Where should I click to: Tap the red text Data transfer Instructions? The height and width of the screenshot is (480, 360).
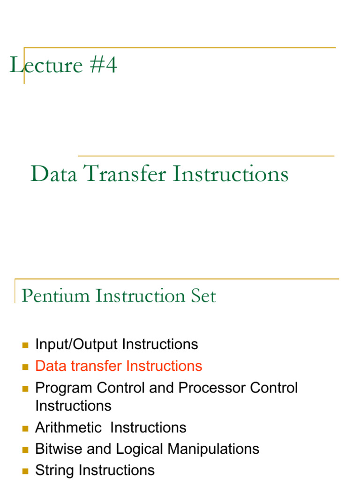coord(119,366)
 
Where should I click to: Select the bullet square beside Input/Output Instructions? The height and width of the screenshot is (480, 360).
coord(25,345)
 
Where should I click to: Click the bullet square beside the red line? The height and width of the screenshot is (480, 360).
coord(25,367)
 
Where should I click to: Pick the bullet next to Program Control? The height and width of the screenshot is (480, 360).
coord(25,389)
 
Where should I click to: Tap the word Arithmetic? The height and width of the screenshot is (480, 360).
coord(68,427)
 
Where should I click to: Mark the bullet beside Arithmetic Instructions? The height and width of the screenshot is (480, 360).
coord(25,428)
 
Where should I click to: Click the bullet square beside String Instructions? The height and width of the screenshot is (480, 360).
coord(25,471)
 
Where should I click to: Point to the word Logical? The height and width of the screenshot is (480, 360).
coord(140,449)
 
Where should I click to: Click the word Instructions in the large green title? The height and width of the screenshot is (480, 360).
coord(230,174)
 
